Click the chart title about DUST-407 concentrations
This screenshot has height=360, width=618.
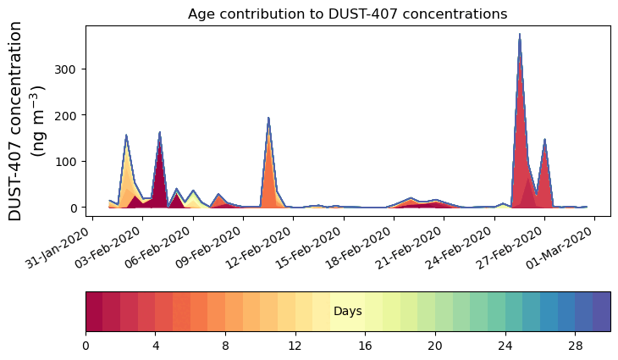coord(347,14)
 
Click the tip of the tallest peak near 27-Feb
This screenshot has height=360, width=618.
coord(520,35)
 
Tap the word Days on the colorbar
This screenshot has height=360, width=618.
coord(347,312)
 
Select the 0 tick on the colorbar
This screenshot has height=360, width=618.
coord(86,346)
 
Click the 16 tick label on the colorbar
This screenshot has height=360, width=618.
coord(365,346)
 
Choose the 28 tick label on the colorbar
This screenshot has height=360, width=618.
coord(575,346)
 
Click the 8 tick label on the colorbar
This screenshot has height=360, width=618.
coord(225,346)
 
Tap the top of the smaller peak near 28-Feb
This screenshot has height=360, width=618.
coord(544,140)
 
